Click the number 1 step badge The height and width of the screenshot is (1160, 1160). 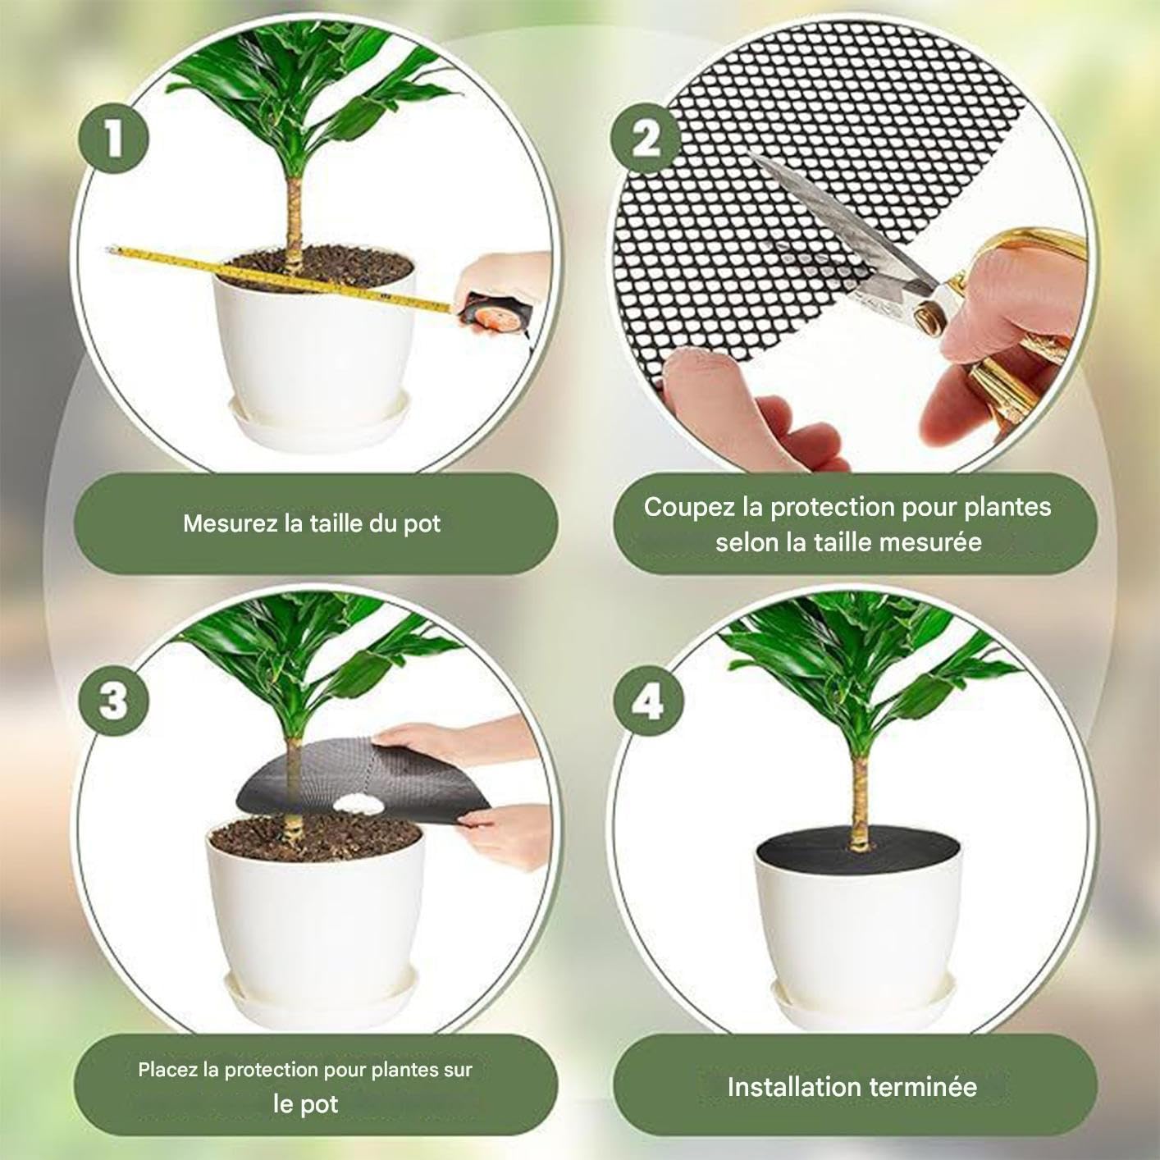pos(114,139)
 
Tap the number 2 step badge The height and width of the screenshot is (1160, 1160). pos(646,139)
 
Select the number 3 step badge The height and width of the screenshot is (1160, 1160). pos(114,702)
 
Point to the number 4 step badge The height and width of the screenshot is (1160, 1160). pos(648,702)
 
